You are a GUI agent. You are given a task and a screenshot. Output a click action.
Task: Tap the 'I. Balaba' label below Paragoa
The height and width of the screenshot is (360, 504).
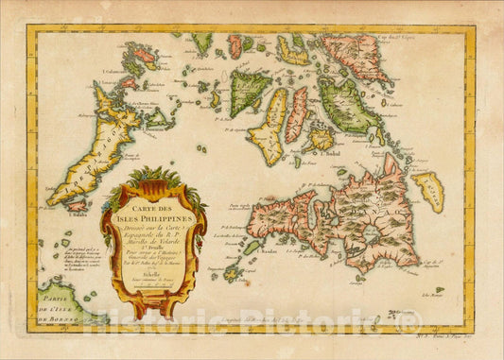[54, 215]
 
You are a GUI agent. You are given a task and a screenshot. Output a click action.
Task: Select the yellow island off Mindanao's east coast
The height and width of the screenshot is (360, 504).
[428, 192]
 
